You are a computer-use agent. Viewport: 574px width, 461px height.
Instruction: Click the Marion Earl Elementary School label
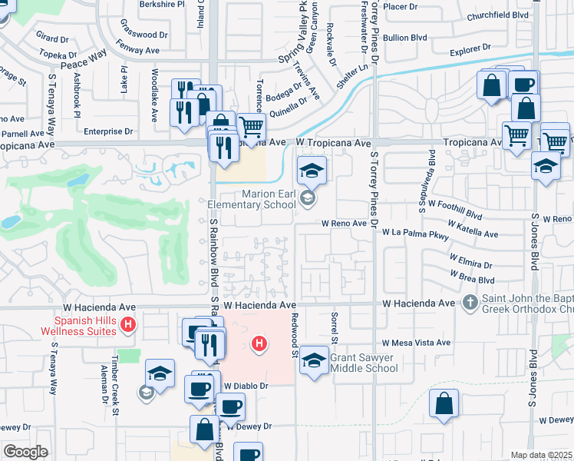tap(252, 200)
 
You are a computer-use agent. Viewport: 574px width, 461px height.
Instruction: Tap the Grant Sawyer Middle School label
tap(364, 363)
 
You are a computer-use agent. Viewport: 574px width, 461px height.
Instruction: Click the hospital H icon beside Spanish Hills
tap(129, 326)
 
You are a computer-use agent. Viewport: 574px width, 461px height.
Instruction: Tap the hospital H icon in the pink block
tap(260, 343)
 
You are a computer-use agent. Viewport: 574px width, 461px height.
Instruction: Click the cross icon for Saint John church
tap(470, 303)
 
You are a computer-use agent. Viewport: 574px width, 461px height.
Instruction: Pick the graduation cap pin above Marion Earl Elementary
tap(312, 171)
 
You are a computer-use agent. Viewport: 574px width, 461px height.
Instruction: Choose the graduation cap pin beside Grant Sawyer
tap(313, 360)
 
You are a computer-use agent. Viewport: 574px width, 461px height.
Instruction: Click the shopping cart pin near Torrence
tap(250, 127)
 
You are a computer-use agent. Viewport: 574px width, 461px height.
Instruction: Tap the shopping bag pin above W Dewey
tap(444, 403)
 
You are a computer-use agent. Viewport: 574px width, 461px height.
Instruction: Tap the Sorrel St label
tap(335, 327)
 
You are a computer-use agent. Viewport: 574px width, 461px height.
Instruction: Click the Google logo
tap(25, 452)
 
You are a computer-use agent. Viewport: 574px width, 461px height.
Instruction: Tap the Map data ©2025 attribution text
tap(541, 455)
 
